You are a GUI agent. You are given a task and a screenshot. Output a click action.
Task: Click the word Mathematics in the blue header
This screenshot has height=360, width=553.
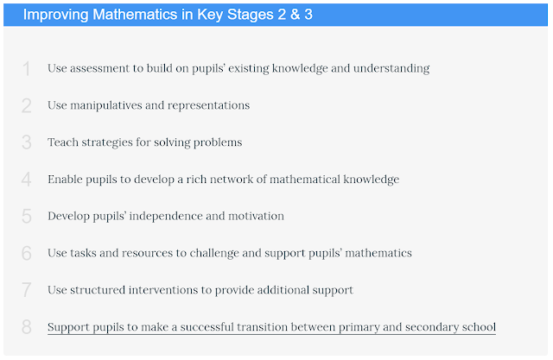(135, 15)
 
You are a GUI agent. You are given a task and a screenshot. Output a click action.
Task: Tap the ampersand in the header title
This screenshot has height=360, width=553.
(295, 15)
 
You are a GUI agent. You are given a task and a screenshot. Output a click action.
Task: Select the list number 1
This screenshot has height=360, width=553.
(26, 69)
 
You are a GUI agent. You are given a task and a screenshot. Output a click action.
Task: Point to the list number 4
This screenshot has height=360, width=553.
(27, 180)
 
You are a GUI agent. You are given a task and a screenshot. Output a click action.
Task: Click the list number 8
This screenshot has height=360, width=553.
(27, 327)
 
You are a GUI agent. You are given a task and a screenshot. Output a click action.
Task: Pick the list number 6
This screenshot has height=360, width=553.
(27, 253)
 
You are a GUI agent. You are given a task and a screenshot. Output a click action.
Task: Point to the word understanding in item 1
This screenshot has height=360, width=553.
(391, 69)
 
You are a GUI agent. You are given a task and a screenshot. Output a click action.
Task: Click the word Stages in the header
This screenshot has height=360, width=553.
(250, 16)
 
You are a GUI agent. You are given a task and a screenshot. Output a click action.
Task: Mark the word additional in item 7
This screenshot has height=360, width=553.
(283, 290)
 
